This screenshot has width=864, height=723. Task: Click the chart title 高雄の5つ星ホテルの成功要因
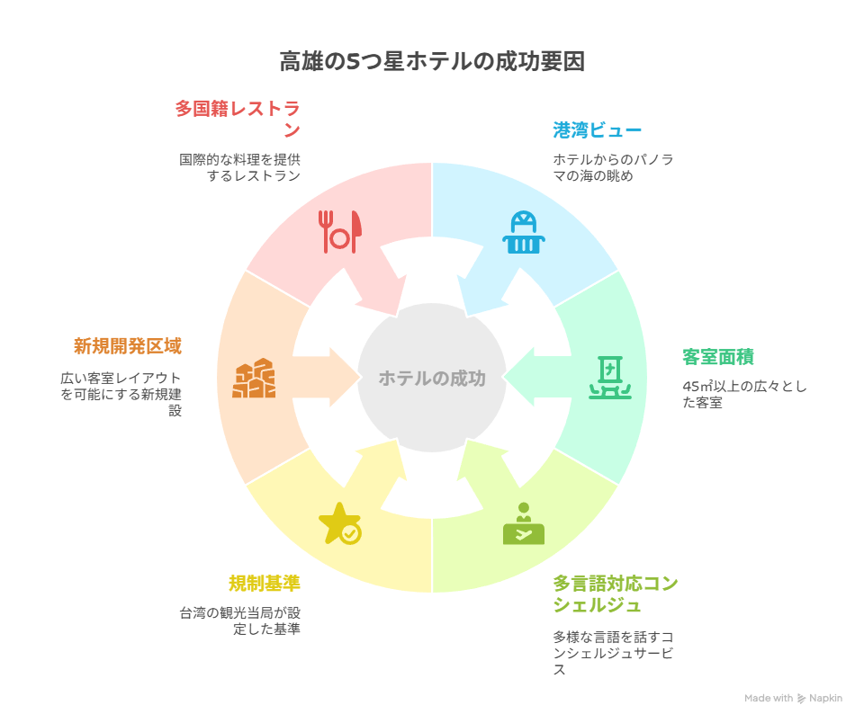coord(432,61)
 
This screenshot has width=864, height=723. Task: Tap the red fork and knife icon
coord(340,232)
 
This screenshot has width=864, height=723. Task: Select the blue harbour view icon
coord(524,232)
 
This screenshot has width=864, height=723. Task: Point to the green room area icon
coord(610,378)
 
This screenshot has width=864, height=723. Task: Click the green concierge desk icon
coord(524,523)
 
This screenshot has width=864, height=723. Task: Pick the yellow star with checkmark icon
coord(340,523)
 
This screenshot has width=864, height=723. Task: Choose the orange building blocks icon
coord(254,378)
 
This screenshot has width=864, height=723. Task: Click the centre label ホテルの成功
coord(432,379)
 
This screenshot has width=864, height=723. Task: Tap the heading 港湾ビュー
coord(598,130)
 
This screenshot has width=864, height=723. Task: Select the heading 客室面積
coord(718,357)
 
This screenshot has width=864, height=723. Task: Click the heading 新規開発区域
coord(128,346)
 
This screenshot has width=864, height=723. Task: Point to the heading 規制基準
coord(265,583)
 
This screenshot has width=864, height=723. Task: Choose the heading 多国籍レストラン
coord(238,120)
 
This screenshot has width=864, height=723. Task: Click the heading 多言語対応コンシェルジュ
coord(616,594)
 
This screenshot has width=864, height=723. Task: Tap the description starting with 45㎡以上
coord(744,394)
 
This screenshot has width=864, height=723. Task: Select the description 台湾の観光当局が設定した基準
coord(240,620)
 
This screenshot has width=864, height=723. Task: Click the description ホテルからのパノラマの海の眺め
coord(613,167)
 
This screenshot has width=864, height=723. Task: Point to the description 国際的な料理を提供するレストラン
coord(240,167)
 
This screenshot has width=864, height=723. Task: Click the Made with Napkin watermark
coord(793,698)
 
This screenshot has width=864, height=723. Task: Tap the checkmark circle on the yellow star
coord(350,533)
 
